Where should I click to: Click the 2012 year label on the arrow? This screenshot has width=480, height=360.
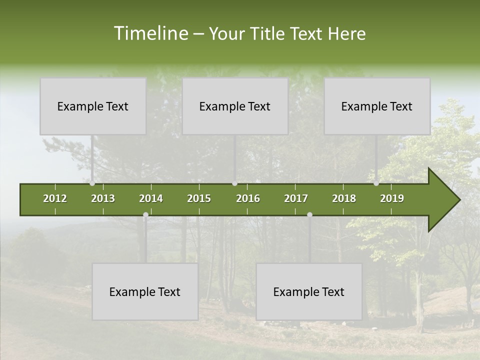coord(55,198)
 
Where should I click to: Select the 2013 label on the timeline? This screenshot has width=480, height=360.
coord(103,198)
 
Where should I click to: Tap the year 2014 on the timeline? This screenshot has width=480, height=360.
coord(151,198)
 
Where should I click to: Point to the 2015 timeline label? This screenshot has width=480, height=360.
coord(199,198)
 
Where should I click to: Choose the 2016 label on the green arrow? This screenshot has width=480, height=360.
coord(248,198)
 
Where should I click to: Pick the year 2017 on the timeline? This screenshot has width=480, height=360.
coord(296,198)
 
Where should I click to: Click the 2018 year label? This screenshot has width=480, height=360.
coord(344,198)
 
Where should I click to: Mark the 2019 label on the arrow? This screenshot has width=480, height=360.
coord(392,198)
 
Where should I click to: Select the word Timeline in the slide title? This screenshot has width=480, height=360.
coord(150,33)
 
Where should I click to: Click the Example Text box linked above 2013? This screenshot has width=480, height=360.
coord(93,106)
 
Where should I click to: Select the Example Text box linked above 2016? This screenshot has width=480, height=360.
coord(235,106)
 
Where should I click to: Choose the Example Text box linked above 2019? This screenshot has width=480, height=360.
coord(377,106)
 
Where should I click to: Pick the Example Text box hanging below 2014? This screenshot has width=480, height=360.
coord(145,291)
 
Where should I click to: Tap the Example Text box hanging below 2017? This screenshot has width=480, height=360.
coord(309,291)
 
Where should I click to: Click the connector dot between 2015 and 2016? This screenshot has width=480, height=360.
coord(235,183)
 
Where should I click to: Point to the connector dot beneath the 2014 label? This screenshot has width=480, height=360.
coord(145,215)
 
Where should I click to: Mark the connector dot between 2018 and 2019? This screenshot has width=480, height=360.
coord(376,183)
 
